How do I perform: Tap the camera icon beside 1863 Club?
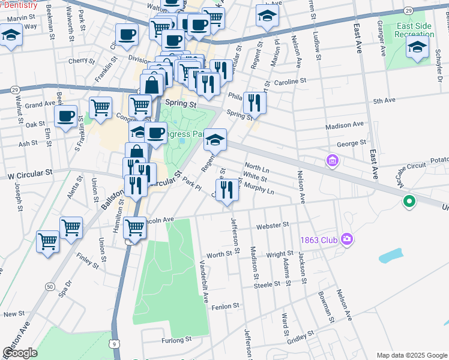pyautogui.click(x=346, y=239)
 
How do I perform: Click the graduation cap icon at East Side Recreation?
pyautogui.click(x=418, y=47)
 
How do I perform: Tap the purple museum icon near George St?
pyautogui.click(x=331, y=161)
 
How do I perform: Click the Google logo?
pyautogui.click(x=20, y=353)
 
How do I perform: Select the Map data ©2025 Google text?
pyautogui.click(x=411, y=355)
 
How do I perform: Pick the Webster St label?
pyautogui.click(x=273, y=225)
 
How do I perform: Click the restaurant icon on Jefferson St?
pyautogui.click(x=227, y=191)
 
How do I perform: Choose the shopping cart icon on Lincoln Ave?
pyautogui.click(x=135, y=228)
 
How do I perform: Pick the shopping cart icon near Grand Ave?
pyautogui.click(x=101, y=108)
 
